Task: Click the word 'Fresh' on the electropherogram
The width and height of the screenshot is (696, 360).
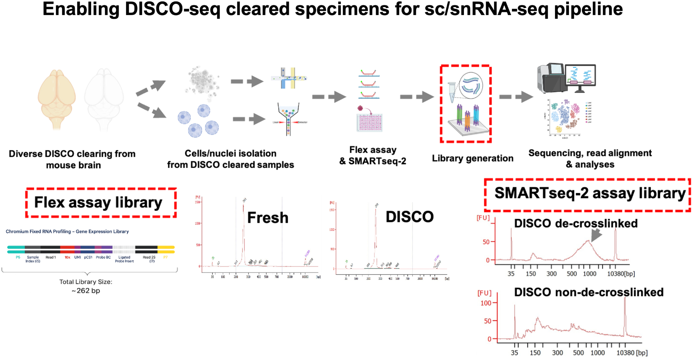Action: (268, 218)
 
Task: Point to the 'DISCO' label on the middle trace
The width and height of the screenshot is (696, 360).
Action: (409, 217)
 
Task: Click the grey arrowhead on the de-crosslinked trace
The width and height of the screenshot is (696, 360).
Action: (596, 234)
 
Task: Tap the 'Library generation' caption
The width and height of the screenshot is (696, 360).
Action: (472, 158)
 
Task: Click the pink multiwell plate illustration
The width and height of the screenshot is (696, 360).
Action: (369, 122)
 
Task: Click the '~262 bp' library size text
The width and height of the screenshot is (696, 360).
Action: (86, 291)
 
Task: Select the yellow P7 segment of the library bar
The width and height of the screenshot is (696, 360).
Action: (166, 249)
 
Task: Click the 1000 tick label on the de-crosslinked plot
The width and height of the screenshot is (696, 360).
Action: (589, 274)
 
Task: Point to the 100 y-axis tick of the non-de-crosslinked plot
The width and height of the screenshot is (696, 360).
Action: (486, 303)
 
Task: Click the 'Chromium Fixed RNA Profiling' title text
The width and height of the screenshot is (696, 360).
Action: (67, 232)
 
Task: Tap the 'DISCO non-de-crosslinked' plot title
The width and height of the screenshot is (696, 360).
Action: (588, 292)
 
